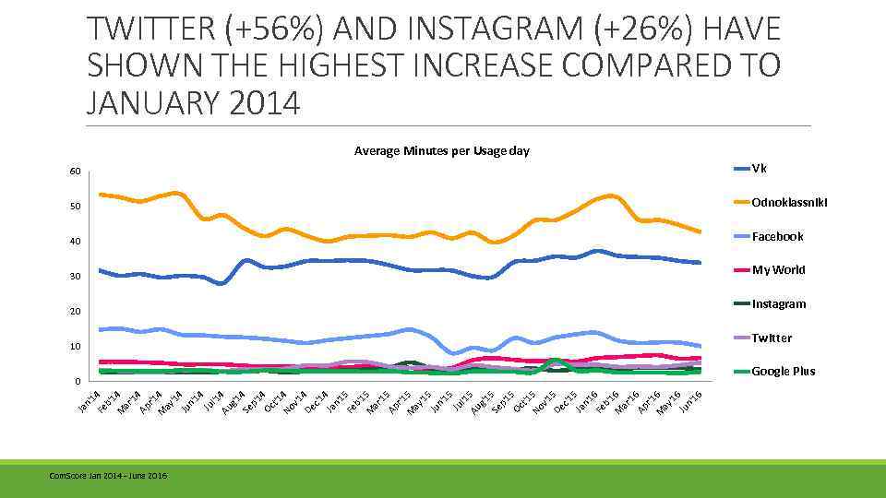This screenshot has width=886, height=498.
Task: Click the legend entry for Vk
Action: [x=760, y=169]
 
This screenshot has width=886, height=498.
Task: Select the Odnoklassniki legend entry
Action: [x=789, y=202]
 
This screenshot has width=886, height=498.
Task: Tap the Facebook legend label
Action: [x=777, y=236]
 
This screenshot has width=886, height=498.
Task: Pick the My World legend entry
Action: [x=778, y=269]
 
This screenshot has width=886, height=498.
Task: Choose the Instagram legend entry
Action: [x=778, y=303]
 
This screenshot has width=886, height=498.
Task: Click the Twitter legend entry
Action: [x=772, y=338]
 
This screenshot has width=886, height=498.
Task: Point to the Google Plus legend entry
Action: [x=783, y=371]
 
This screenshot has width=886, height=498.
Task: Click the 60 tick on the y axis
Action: [x=74, y=172]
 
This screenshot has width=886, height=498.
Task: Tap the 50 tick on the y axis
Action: [x=74, y=207]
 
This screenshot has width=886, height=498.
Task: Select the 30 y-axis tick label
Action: [x=74, y=277]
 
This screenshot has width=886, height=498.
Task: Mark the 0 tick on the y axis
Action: [x=77, y=381]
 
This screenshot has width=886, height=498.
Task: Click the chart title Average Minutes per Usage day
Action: [x=441, y=150]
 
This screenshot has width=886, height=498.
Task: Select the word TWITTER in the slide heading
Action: [x=150, y=30]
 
